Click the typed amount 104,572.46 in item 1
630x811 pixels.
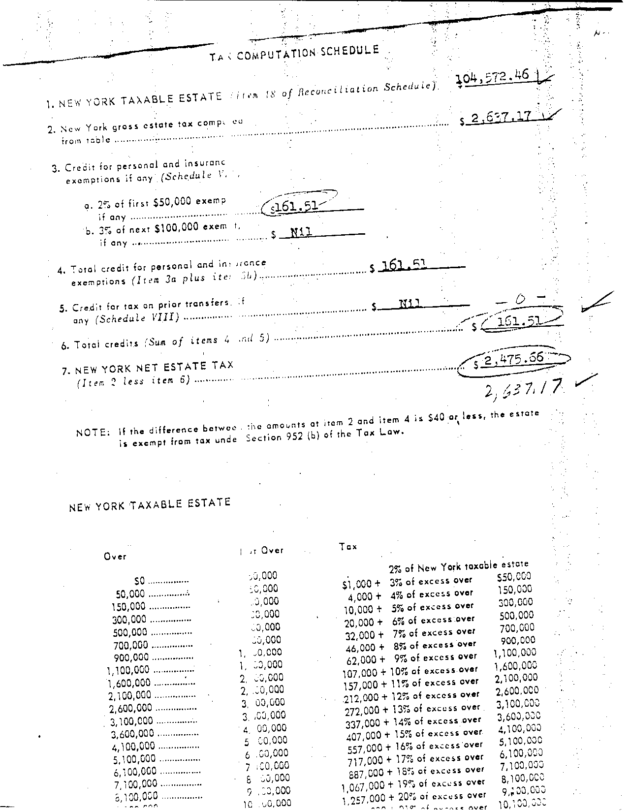(492, 77)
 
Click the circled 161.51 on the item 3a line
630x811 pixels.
(295, 206)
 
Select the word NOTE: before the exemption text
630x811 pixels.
(93, 433)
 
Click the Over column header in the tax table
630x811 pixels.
(115, 557)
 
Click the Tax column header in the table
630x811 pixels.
(348, 546)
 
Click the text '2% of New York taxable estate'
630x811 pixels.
(458, 567)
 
